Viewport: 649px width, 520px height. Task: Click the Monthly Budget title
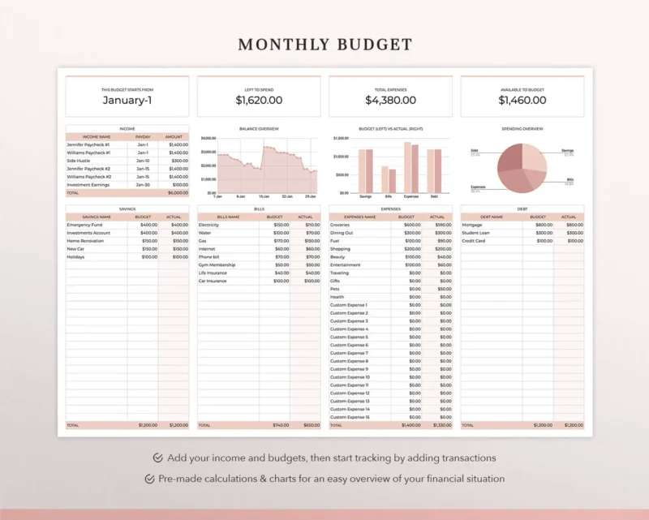coord(324,45)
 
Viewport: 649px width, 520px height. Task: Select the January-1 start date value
coord(127,101)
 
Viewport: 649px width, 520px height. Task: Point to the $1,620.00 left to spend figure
coord(259,101)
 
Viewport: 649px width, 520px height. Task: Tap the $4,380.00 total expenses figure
coord(390,101)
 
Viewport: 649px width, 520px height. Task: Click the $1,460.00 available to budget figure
coord(522,101)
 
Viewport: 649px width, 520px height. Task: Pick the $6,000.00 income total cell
coord(178,193)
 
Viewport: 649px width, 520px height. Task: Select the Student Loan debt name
coord(477,233)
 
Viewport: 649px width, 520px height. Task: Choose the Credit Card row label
coord(475,241)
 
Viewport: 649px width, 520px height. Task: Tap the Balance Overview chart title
coord(259,129)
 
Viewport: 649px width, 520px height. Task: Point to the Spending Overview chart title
coord(522,129)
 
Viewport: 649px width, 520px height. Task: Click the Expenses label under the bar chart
coord(411,196)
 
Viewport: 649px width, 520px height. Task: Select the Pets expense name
coord(336,289)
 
